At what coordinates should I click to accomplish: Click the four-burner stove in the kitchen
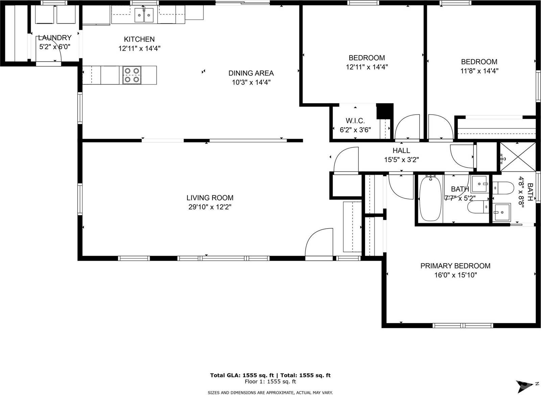click(x=132, y=75)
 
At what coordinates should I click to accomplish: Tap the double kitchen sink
click(x=144, y=15)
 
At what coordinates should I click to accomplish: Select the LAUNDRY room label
click(x=54, y=38)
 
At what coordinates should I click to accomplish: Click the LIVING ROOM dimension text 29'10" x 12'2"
click(x=210, y=207)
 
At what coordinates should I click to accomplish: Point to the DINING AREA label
click(x=251, y=73)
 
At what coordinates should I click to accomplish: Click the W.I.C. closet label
click(x=355, y=121)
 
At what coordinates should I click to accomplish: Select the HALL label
click(x=401, y=150)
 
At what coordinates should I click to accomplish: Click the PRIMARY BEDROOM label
click(x=455, y=266)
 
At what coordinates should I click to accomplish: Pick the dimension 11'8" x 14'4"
click(x=479, y=71)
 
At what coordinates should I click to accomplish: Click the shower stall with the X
click(x=518, y=157)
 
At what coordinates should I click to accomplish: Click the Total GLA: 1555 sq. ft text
click(x=242, y=375)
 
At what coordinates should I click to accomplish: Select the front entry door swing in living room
click(x=319, y=243)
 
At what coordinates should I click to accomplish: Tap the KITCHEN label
click(x=139, y=39)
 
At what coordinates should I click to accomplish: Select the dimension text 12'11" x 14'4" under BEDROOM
click(x=367, y=67)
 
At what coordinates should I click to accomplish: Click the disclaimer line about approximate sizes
click(x=270, y=392)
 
